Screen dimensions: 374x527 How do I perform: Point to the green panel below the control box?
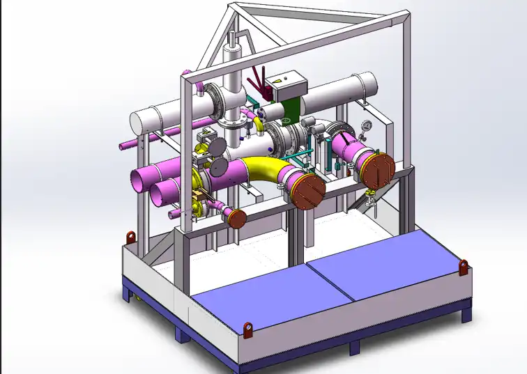[292, 109]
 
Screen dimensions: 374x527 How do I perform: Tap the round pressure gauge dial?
[365, 127]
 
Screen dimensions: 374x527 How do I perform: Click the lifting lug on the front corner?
[248, 327]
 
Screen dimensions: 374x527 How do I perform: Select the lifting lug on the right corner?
[463, 266]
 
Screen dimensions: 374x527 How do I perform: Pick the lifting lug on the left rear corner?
[130, 237]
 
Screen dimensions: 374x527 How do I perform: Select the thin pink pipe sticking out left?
[129, 145]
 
